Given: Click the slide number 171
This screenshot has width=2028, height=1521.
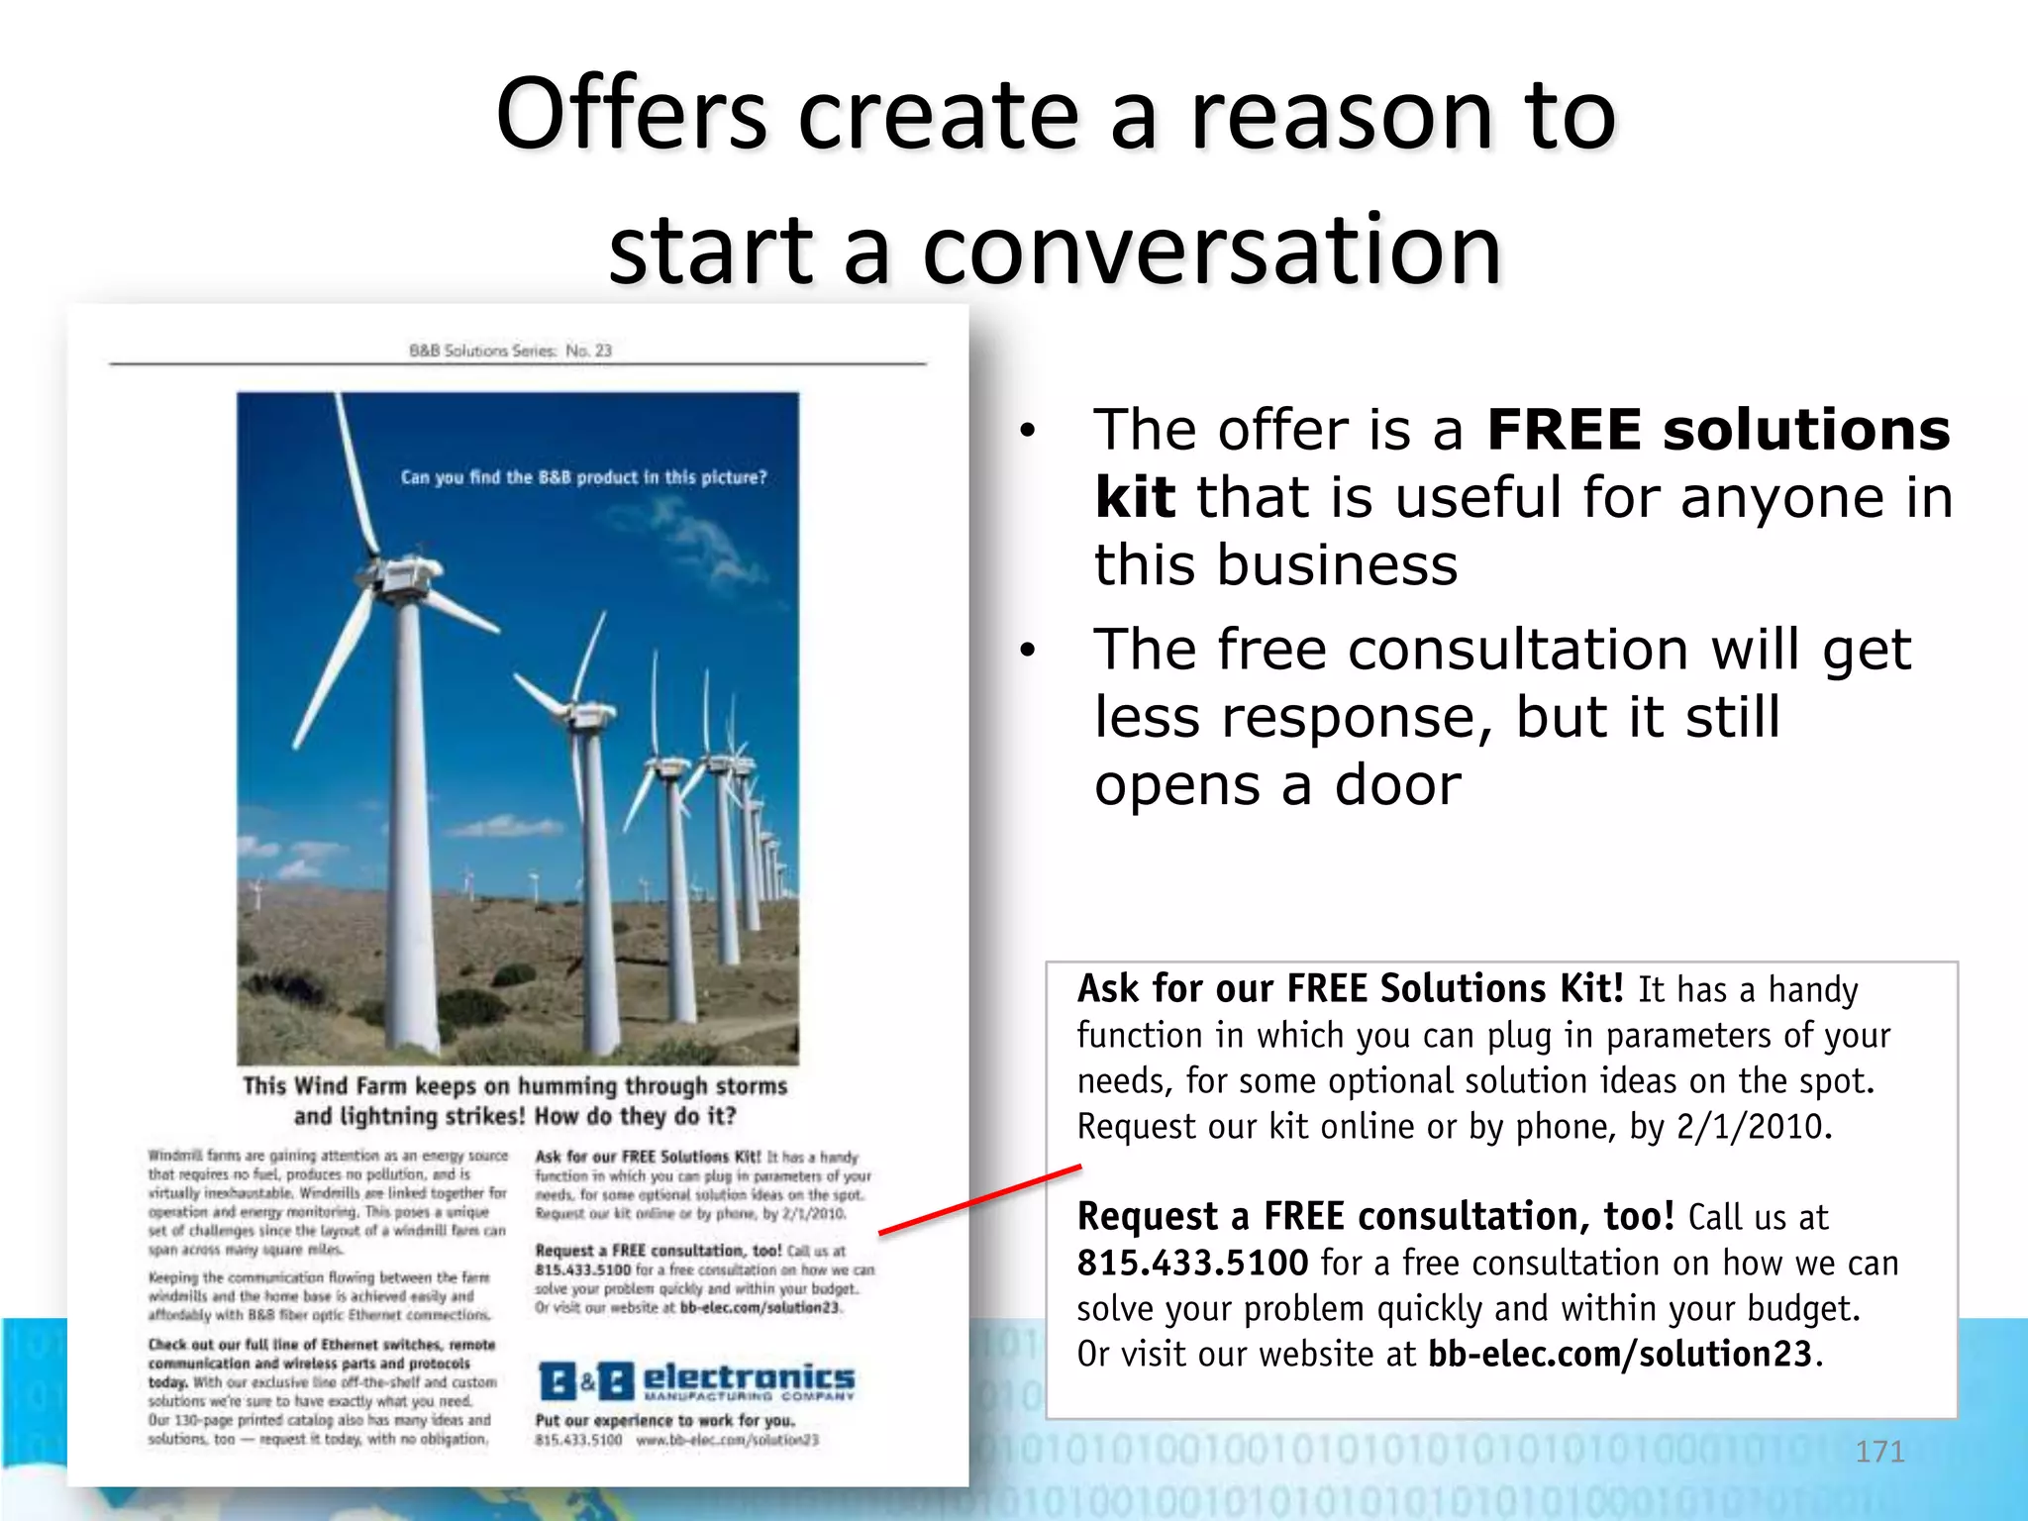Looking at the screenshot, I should pos(1879,1452).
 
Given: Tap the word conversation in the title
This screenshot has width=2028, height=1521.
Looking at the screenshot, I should pos(1212,250).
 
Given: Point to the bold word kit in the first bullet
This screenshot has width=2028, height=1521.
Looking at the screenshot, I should pos(1135,497).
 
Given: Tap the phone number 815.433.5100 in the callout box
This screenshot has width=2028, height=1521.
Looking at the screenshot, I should pos(1192,1264).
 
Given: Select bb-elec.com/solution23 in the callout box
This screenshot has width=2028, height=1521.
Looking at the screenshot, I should pos(1620,1355).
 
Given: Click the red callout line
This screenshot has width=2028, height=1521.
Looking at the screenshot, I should pos(979,1200).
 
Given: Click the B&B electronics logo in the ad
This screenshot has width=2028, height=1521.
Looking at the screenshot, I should pos(696,1380).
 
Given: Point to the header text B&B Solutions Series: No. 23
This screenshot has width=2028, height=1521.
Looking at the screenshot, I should pos(510,351).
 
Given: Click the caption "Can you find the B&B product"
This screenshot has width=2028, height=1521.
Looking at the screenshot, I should pos(583,477).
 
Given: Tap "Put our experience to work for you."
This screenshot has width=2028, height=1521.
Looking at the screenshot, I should pos(664,1421).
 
